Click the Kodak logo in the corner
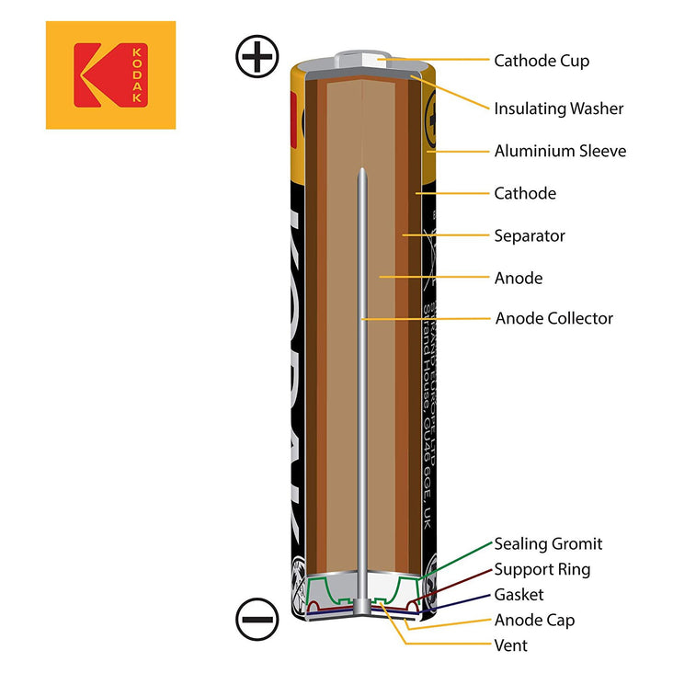pos(110,74)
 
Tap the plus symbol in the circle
pos(257,57)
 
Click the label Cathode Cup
pos(542,61)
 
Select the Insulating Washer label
pos(559,108)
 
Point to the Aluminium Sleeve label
pos(560,151)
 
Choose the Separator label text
pos(530,235)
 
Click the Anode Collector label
pos(553,318)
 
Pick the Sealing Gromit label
pos(548,544)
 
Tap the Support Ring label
pos(542,569)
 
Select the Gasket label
pos(519,595)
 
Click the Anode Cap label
pos(534,620)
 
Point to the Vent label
pos(511,645)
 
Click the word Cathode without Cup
pos(525,193)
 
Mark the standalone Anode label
pos(519,278)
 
